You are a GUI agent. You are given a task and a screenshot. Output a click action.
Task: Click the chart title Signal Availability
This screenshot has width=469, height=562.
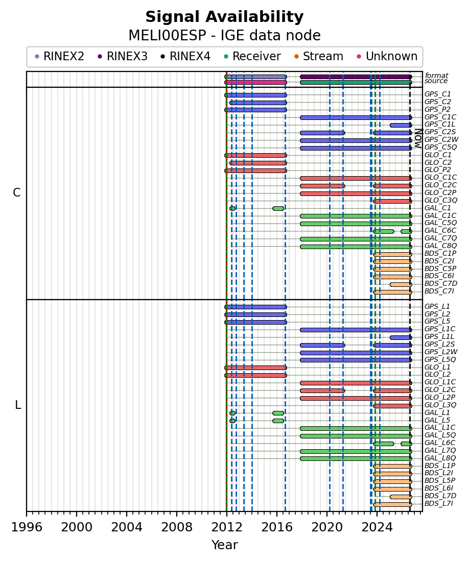pyautogui.click(x=224, y=17)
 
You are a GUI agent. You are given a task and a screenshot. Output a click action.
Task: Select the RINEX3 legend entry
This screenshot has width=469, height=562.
pyautogui.click(x=123, y=56)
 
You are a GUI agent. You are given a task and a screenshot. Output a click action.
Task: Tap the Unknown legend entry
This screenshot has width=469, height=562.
pyautogui.click(x=387, y=56)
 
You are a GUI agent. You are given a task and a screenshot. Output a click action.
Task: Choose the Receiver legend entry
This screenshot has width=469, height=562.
pyautogui.click(x=252, y=56)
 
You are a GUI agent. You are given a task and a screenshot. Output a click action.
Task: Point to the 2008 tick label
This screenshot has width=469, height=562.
pyautogui.click(x=177, y=527)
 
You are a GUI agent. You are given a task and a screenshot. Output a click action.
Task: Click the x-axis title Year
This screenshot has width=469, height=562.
pyautogui.click(x=224, y=545)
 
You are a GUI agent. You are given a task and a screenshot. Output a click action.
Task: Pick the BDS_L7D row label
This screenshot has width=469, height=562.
pyautogui.click(x=440, y=496)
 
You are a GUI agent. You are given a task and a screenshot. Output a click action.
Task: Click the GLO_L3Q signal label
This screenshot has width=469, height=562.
pyautogui.click(x=440, y=405)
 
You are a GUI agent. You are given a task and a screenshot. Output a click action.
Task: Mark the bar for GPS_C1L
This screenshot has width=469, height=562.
pyautogui.click(x=401, y=126)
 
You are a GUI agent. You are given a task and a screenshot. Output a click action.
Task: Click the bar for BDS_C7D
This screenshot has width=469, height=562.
pyautogui.click(x=401, y=285)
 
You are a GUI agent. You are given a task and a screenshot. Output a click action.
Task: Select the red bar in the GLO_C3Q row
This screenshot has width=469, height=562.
pyautogui.click(x=392, y=202)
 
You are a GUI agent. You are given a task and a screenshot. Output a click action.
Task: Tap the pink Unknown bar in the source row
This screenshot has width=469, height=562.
pyautogui.click(x=255, y=82)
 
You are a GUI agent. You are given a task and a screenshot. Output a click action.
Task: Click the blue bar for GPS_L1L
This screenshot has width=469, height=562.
pyautogui.click(x=401, y=337)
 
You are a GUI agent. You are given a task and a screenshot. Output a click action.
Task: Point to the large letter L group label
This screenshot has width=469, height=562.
pyautogui.click(x=17, y=405)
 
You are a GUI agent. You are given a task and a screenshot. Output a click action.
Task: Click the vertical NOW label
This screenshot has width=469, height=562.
pyautogui.click(x=418, y=138)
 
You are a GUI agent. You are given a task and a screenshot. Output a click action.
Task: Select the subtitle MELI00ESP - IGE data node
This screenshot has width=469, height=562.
pyautogui.click(x=224, y=36)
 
